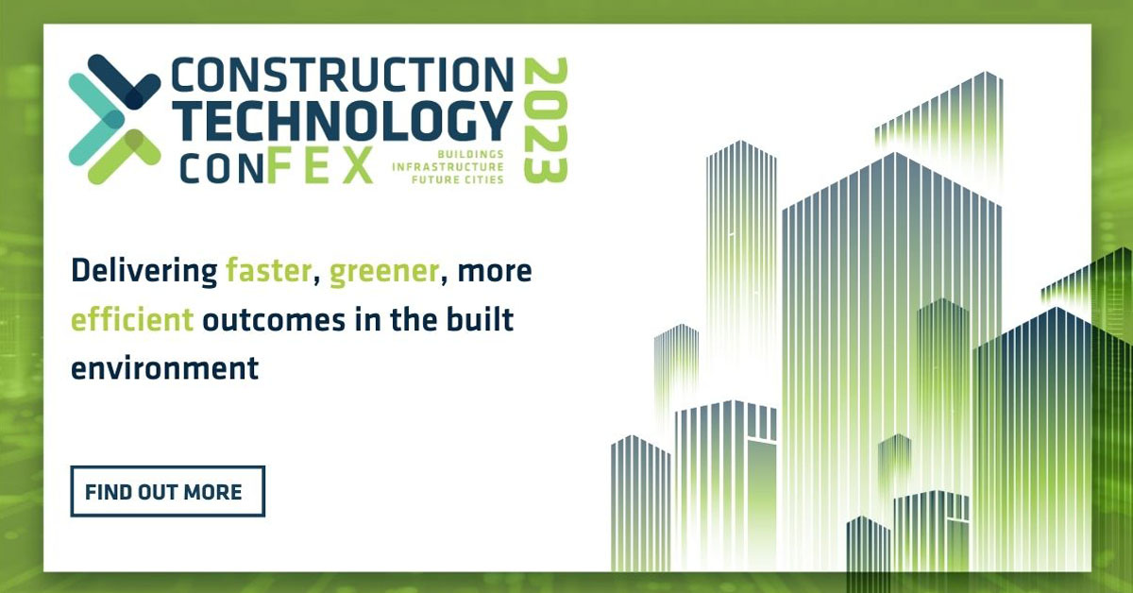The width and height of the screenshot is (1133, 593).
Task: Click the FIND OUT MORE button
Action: [x=167, y=491]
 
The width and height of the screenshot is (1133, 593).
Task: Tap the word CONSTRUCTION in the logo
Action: [x=343, y=75]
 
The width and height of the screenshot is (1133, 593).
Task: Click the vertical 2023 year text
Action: [x=546, y=121]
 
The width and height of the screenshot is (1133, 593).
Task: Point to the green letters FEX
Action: [x=320, y=165]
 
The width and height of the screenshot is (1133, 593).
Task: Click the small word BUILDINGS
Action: [x=470, y=154]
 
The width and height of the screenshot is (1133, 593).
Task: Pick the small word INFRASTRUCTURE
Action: [x=448, y=166]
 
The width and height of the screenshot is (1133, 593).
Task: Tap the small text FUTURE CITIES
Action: [x=458, y=179]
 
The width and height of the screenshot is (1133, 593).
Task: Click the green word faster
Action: [x=268, y=271]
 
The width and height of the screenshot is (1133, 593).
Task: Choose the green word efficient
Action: [x=132, y=319]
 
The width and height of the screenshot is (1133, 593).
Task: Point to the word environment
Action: [x=165, y=368]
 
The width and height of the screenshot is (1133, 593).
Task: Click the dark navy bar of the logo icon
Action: [x=125, y=81]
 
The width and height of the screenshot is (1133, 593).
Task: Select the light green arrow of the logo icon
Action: [x=125, y=157]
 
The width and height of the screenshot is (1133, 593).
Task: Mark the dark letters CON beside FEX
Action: [x=222, y=170]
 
